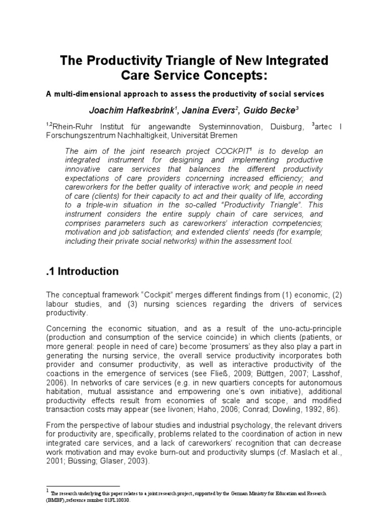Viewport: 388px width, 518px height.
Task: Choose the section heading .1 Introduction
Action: [82, 272]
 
